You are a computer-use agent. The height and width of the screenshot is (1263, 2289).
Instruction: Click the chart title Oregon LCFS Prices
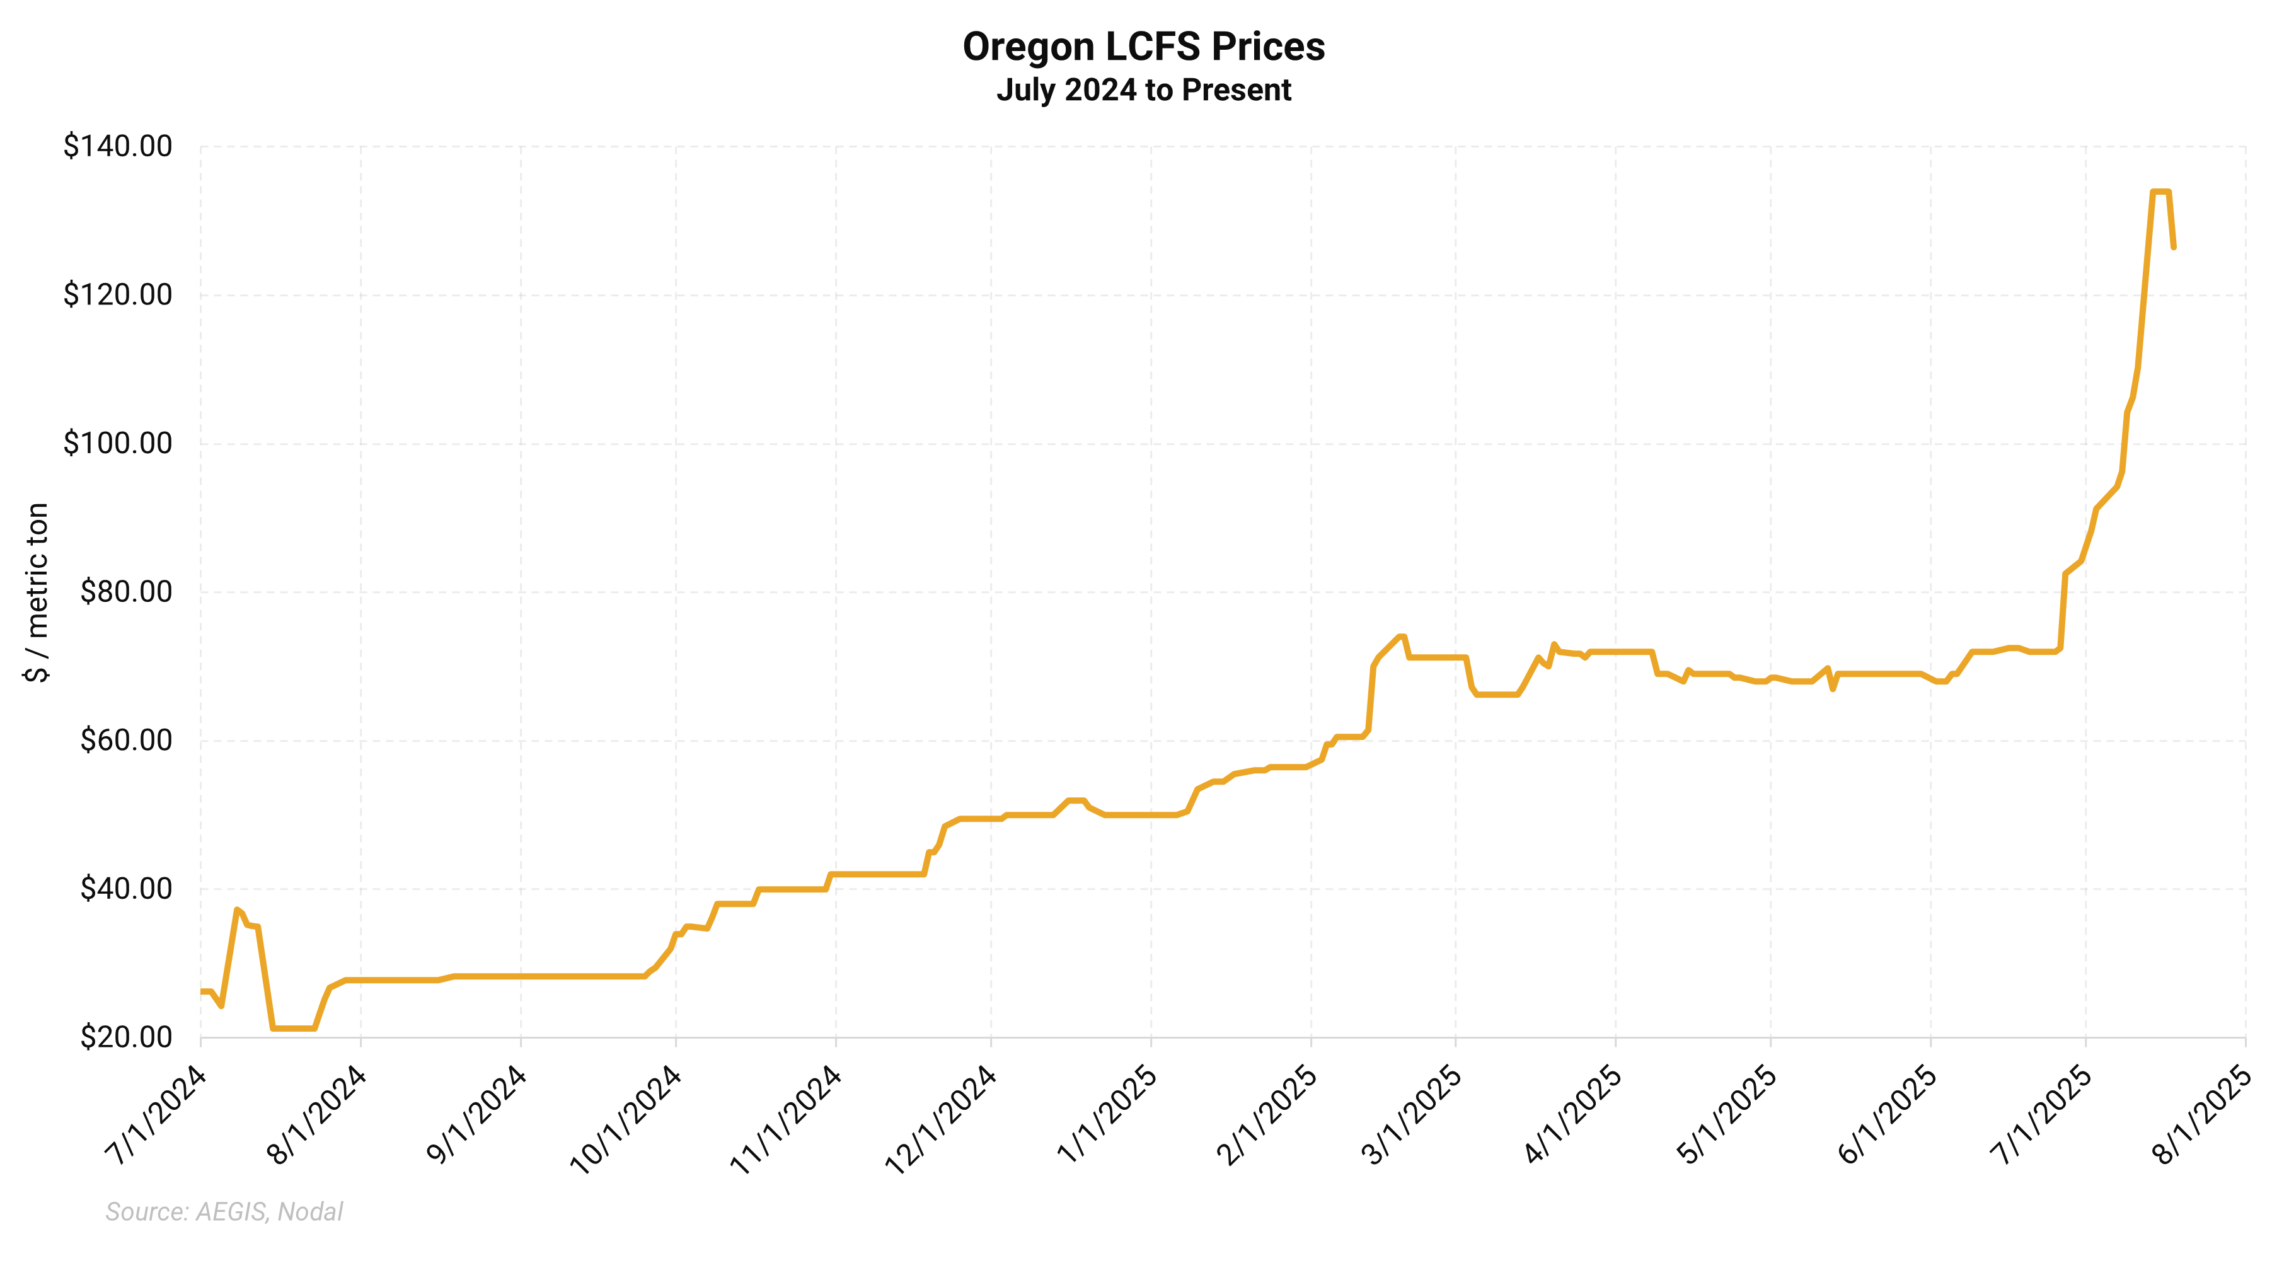pos(1144,47)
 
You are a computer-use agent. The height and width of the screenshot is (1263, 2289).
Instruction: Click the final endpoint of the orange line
pos(2174,247)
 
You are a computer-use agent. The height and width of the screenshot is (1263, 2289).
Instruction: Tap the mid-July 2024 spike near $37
pos(236,909)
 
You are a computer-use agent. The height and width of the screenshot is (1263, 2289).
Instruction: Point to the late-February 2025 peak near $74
pos(1401,637)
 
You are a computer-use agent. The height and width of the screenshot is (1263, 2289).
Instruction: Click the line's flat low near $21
pos(293,1029)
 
